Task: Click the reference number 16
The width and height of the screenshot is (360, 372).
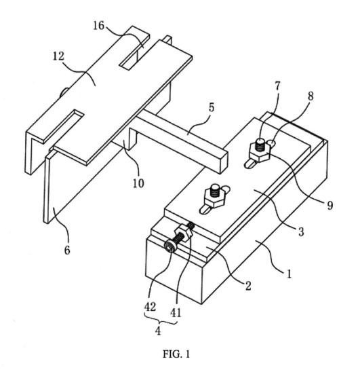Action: tap(98, 26)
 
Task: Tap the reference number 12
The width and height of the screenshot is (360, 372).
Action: tap(58, 56)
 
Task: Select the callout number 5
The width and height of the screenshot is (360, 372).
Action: tap(212, 107)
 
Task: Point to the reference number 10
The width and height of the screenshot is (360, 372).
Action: tap(138, 183)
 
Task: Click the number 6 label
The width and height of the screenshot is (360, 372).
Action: tap(67, 250)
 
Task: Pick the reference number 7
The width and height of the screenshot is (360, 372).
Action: tap(277, 86)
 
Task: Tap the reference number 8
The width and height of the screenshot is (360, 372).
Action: tap(311, 96)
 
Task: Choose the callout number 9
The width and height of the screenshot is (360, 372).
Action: tap(330, 205)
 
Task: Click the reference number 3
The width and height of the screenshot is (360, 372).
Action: tap(301, 231)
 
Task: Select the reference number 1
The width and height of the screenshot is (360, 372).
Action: tap(289, 274)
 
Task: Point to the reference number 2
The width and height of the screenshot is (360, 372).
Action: tap(248, 286)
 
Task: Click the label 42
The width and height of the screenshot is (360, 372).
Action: tap(150, 307)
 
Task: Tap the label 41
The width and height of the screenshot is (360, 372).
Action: tap(176, 313)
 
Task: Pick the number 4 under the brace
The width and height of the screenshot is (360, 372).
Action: tap(158, 331)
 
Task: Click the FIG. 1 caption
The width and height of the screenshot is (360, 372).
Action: tap(176, 354)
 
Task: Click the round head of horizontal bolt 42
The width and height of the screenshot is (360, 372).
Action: tap(169, 248)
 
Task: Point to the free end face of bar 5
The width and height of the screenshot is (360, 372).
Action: tap(224, 162)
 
